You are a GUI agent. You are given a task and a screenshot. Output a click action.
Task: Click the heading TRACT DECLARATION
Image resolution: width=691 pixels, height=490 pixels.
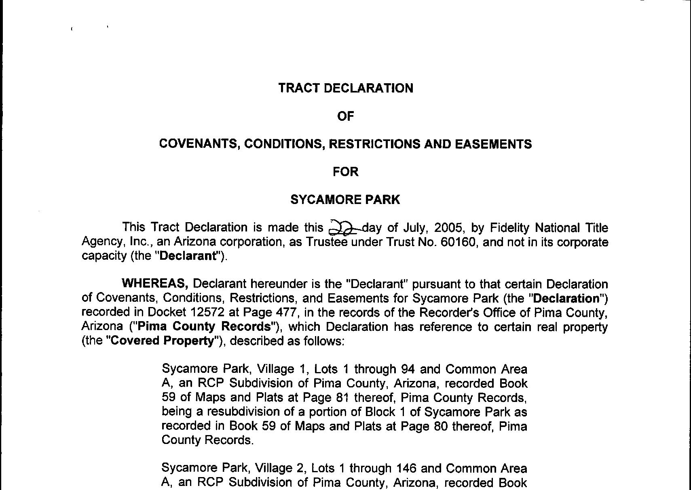pos(346,88)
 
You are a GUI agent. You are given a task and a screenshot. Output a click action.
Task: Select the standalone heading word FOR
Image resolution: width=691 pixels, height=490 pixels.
pos(345,172)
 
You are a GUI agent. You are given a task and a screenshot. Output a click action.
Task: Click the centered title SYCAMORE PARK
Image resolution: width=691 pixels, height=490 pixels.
pos(345,200)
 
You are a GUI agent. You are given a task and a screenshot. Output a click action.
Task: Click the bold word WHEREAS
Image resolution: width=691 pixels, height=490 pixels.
pos(155,284)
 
